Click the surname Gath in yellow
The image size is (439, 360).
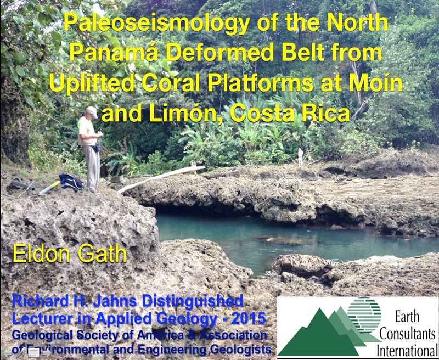pos(102,254)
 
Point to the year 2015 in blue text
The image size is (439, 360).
pos(249,318)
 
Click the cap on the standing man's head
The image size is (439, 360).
pos(91,112)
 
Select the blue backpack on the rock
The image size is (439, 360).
pos(71,182)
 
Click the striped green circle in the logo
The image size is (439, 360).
pos(364,314)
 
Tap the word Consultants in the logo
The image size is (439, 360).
pos(407,334)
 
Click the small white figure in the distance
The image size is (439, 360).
pos(300,156)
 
